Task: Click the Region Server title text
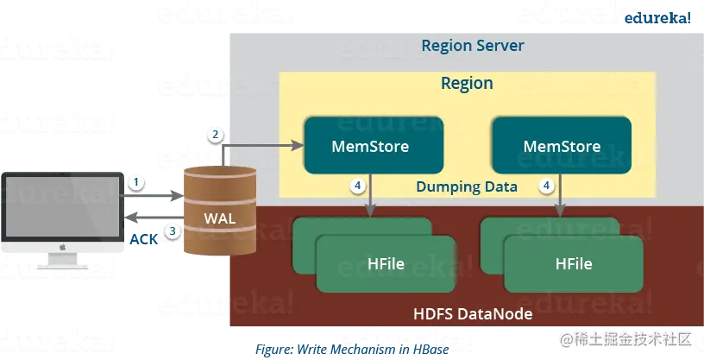tap(472, 45)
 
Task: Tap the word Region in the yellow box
tap(467, 84)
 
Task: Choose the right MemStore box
tap(561, 145)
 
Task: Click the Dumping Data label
tap(467, 186)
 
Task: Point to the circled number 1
tap(135, 182)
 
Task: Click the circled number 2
tap(216, 135)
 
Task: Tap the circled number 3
tap(173, 231)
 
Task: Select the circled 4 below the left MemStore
tap(357, 186)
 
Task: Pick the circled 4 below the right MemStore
tap(545, 186)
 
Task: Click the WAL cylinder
tap(219, 212)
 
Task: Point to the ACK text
tap(143, 239)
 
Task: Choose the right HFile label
tap(574, 263)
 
